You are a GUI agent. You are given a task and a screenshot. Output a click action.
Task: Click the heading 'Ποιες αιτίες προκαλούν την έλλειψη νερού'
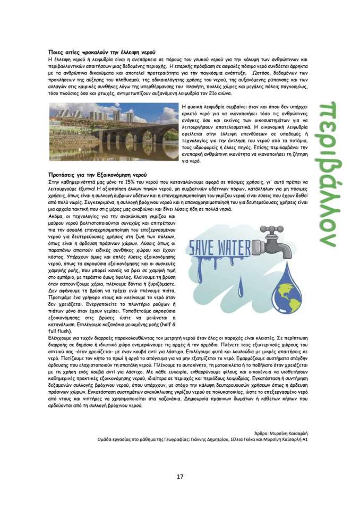101,54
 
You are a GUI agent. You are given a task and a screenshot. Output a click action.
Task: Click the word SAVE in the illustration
206,248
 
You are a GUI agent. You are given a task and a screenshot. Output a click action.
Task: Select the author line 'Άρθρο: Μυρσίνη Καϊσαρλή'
281,433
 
